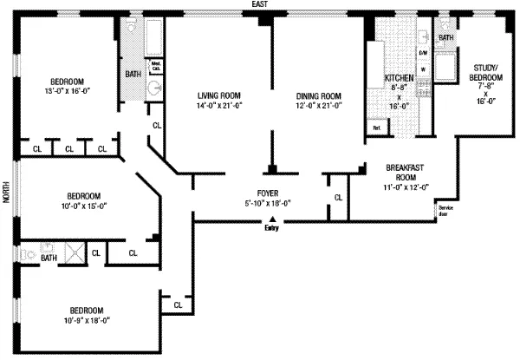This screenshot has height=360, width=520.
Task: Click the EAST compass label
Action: [257, 5]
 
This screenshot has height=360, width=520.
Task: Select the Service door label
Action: [446, 210]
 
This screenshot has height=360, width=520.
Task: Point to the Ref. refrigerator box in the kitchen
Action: [377, 128]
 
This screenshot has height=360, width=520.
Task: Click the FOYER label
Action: [266, 193]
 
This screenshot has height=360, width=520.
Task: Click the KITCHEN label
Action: [400, 78]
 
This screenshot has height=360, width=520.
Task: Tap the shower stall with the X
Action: [75, 254]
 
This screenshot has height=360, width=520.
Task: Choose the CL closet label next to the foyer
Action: [336, 199]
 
